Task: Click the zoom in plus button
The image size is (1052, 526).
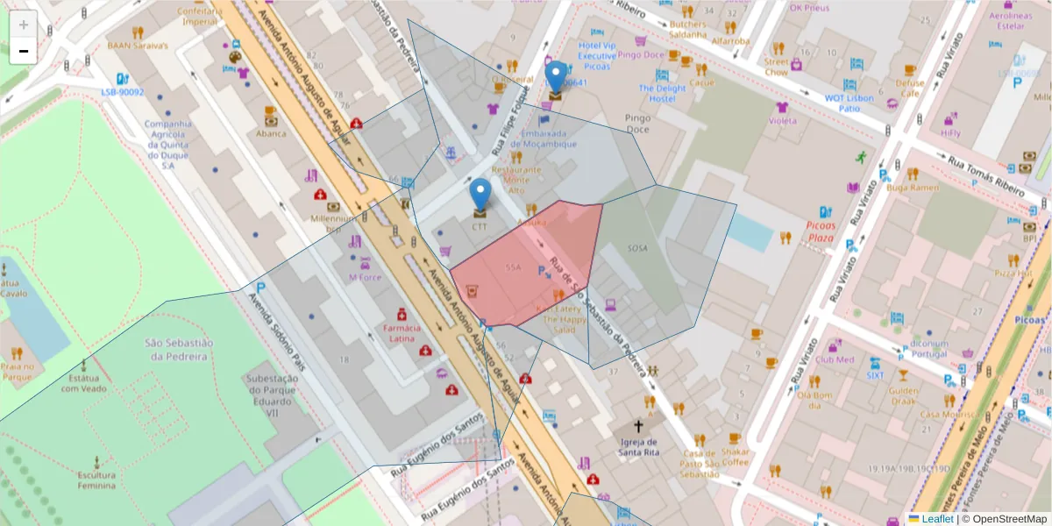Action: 24,24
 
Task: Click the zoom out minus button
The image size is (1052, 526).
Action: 24,51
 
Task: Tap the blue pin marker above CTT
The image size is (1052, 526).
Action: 480,193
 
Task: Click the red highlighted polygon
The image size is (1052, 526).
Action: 526,263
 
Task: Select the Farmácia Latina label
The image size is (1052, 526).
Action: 403,333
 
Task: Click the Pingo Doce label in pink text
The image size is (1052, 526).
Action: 641,55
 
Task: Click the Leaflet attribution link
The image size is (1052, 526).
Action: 936,519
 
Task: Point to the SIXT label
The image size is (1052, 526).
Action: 875,374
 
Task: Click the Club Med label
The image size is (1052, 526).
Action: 834,359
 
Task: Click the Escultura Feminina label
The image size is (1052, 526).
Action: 96,480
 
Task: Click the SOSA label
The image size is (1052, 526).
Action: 637,248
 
